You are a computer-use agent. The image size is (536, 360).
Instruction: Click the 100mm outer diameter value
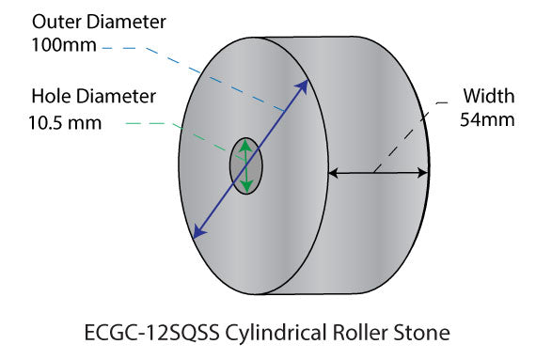point(64,44)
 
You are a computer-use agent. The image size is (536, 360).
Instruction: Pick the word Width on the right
point(487,95)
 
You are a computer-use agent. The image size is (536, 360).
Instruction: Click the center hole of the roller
point(245,166)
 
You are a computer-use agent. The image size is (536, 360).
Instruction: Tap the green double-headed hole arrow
point(245,166)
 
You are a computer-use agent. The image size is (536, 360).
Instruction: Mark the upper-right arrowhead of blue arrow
point(304,86)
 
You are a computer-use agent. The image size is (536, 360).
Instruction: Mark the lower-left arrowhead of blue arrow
point(196,233)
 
